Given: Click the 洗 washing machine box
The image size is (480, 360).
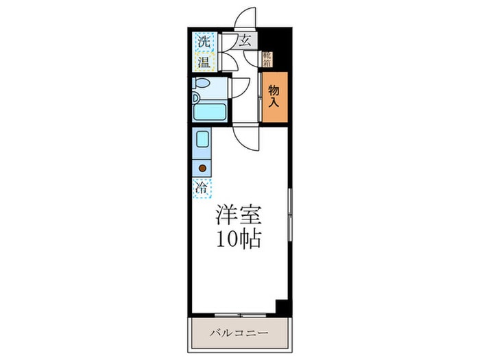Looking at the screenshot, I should (203, 42).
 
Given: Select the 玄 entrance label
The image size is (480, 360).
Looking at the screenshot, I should (245, 41).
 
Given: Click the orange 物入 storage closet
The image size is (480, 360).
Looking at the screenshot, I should (274, 97).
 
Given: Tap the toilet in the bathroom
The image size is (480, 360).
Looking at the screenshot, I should (202, 84).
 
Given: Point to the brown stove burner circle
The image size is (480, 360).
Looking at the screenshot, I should (203, 167).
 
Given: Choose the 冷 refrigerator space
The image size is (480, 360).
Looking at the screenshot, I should (203, 186).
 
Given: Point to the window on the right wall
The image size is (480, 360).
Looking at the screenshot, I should (290, 213).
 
